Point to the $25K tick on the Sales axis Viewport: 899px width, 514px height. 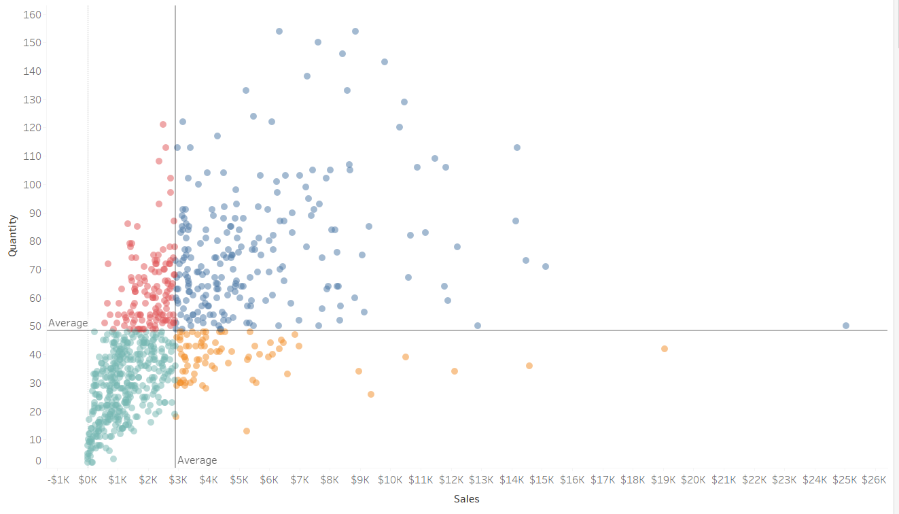pos(845,480)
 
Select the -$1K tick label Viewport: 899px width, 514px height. pos(58,480)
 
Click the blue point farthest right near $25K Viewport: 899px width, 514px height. pos(846,326)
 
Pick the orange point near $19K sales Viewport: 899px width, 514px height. pos(665,349)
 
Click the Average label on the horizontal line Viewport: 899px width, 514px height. pos(68,323)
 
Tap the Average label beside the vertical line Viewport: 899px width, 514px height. pos(197,460)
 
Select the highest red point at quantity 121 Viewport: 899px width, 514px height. pos(163,124)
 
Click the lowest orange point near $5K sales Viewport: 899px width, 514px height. pos(247,431)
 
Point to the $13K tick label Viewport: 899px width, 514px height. pos(481,480)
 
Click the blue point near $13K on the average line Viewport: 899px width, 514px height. pos(478,326)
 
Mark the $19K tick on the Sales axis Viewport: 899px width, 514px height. pos(663,480)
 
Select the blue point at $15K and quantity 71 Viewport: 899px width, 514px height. pos(546,267)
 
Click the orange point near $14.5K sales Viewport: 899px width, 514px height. pos(529,366)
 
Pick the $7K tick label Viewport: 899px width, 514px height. pos(300,480)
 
